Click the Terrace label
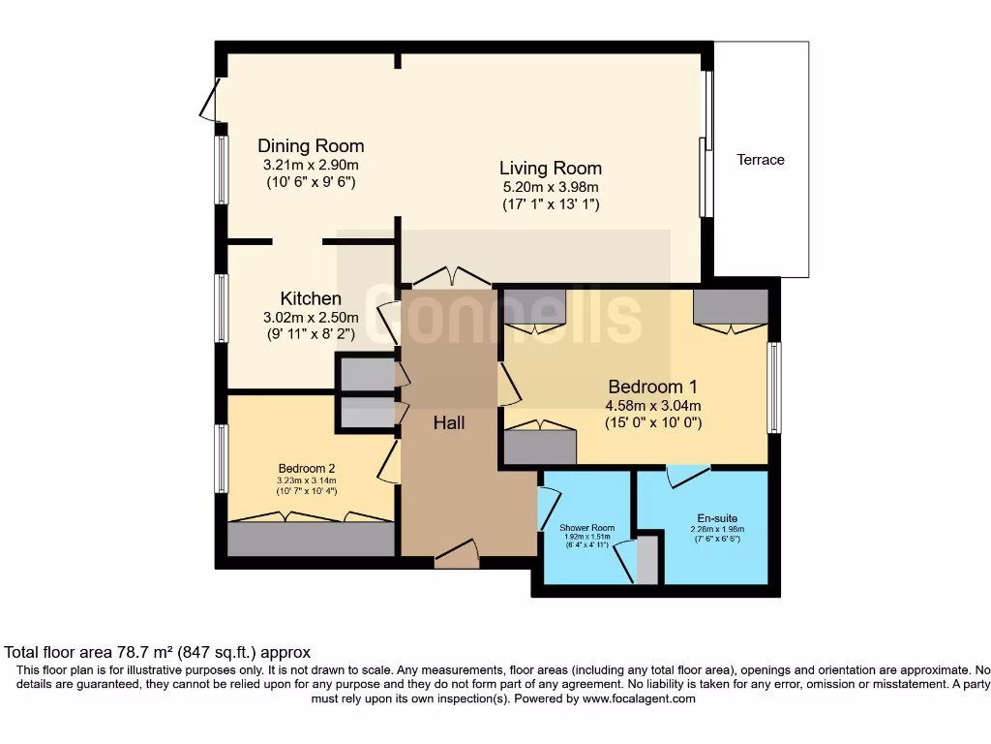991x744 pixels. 760,160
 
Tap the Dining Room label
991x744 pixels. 311,146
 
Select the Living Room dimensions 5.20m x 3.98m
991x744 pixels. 551,187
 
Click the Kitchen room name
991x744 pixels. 311,298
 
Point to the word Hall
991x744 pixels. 449,423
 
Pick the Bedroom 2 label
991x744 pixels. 304,466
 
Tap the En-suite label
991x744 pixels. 717,517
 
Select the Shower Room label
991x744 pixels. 586,528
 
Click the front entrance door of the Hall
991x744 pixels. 457,556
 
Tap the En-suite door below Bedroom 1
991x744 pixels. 689,475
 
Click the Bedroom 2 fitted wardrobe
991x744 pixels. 310,538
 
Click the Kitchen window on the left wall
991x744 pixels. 222,308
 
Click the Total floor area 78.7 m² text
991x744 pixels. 158,653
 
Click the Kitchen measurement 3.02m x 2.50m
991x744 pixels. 311,317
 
